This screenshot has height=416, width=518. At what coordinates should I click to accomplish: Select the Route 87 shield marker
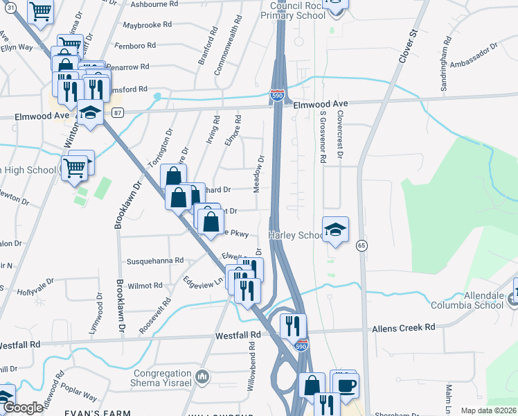pyautogui.click(x=118, y=113)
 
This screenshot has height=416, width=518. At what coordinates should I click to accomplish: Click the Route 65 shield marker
pyautogui.click(x=361, y=245)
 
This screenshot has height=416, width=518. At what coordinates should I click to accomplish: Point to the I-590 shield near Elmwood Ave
pyautogui.click(x=276, y=95)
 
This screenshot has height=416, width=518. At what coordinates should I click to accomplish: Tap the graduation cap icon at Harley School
pyautogui.click(x=335, y=229)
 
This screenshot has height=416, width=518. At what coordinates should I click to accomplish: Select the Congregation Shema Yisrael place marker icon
pyautogui.click(x=202, y=377)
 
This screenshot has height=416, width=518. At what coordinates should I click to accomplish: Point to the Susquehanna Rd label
pyautogui.click(x=154, y=261)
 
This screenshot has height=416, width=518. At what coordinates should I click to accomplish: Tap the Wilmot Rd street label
pyautogui.click(x=145, y=285)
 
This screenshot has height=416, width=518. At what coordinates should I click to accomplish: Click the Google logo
pyautogui.click(x=23, y=408)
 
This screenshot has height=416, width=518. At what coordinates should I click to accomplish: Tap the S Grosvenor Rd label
pyautogui.click(x=323, y=136)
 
